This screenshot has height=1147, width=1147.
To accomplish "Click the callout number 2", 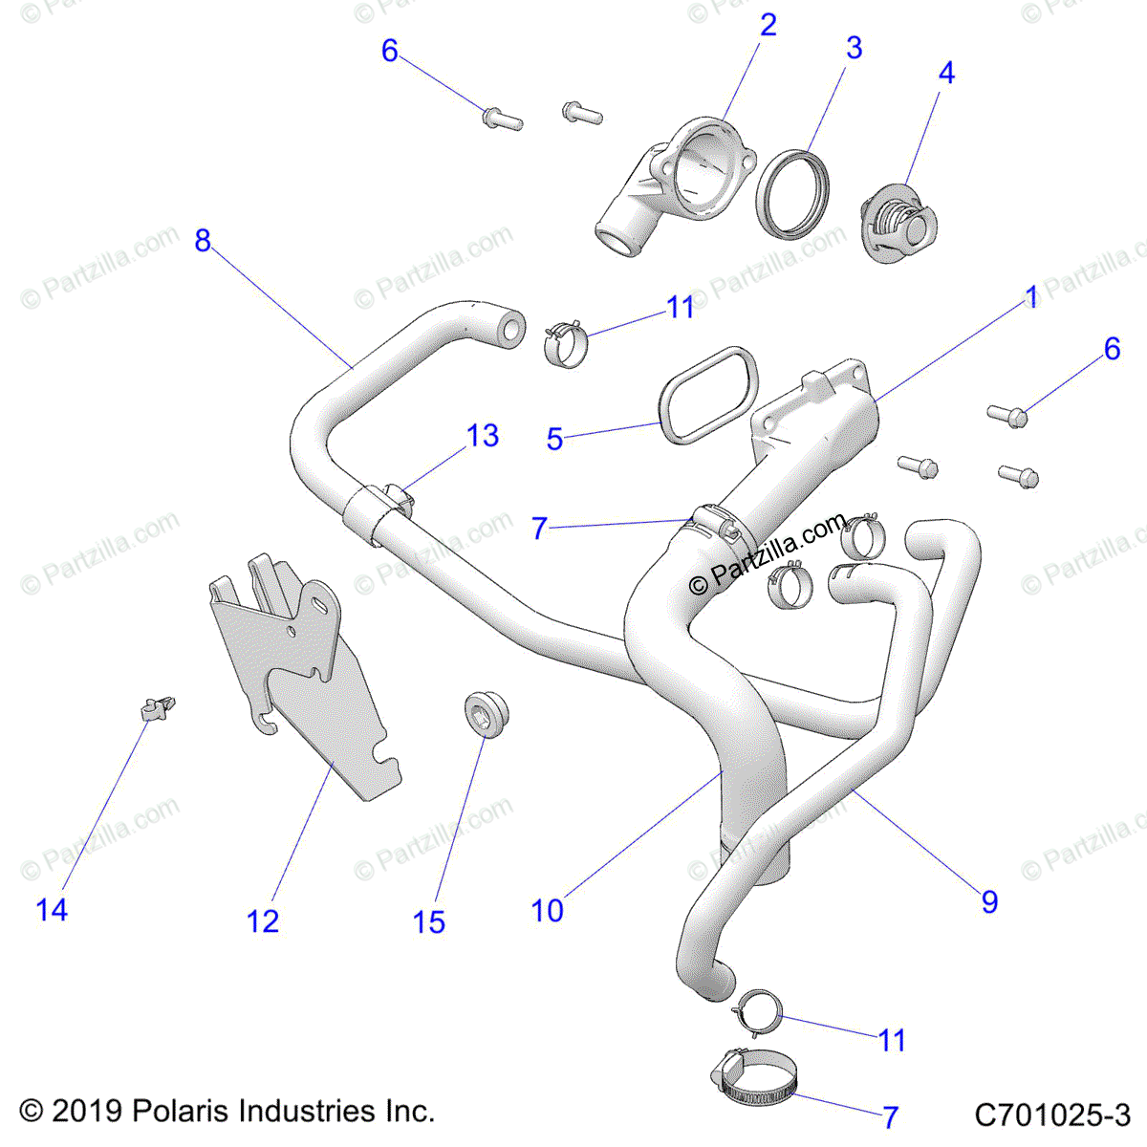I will [768, 26].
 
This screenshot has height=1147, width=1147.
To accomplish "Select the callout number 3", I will [854, 48].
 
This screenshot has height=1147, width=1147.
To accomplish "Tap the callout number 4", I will [945, 73].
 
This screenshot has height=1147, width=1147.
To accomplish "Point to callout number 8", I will [202, 241].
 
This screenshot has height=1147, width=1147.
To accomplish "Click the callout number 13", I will [483, 436].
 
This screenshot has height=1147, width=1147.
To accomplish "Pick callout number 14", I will [52, 910].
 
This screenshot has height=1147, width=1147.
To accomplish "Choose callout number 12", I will [263, 921].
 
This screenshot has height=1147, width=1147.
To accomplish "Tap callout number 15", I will [429, 922].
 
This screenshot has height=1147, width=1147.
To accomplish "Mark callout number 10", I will [548, 911].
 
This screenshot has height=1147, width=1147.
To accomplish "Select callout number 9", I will [989, 901].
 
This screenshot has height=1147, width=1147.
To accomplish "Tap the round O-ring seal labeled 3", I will [792, 191].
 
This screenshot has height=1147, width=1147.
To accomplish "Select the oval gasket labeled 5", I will [707, 395].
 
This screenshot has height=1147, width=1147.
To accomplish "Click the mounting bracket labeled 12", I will [306, 679].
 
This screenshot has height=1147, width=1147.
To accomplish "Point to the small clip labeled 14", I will [157, 708].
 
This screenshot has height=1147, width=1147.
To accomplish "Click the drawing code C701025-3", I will [1052, 1115].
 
